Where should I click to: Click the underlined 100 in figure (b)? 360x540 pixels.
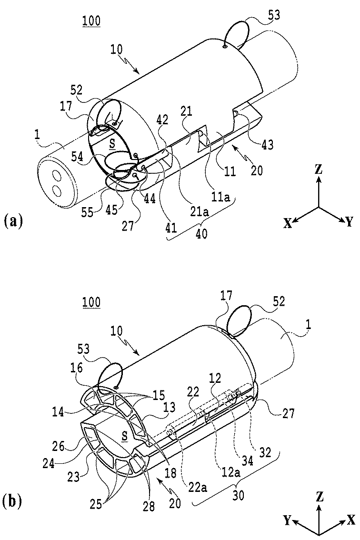pos(91,301)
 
